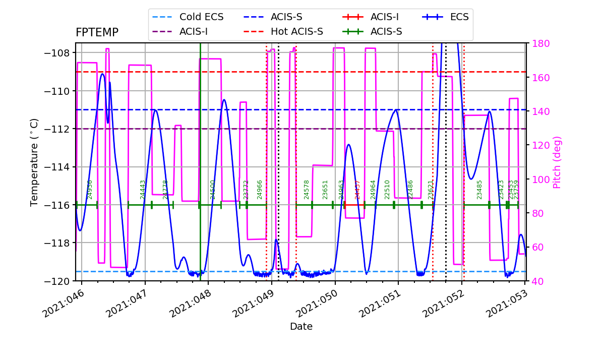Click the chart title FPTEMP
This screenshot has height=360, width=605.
click(x=97, y=33)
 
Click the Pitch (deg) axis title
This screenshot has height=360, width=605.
click(x=557, y=162)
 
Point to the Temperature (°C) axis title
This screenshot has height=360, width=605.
click(x=34, y=162)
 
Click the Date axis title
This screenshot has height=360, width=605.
click(x=301, y=327)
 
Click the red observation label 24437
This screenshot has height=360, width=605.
click(x=358, y=190)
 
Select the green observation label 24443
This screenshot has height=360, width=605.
click(x=143, y=190)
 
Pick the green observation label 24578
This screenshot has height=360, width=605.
click(x=307, y=190)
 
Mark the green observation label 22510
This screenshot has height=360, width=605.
click(x=388, y=190)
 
